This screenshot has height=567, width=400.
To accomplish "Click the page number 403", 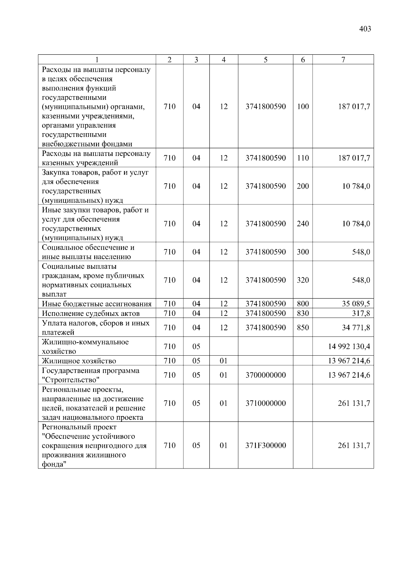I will coord(365,29).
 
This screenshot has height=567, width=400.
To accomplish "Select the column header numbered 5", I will coord(265,60).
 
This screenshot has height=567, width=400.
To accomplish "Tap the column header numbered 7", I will coord(343,60).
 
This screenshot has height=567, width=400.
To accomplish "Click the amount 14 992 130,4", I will coord(349,346).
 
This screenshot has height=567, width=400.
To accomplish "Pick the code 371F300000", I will coord(266,445).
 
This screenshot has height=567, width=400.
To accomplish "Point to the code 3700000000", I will coord(266,375).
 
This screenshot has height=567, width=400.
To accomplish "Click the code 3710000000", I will coord(266,403).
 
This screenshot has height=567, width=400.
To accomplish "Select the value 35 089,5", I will coord(356,304).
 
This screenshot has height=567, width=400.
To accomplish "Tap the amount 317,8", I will coord(361,313).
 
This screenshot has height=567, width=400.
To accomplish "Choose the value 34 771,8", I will coord(356,328).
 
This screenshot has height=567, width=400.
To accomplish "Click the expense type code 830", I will coord(303,313).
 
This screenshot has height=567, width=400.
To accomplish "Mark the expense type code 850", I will coord(303,328).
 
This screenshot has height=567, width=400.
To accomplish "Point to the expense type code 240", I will coord(303,223).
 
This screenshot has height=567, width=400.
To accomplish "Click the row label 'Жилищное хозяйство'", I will coord(79,361).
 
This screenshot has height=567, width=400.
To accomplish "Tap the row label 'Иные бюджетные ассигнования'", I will coord(97,304).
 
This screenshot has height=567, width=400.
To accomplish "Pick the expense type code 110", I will coord(303,158).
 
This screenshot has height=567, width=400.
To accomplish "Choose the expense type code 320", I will coord(303,280).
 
